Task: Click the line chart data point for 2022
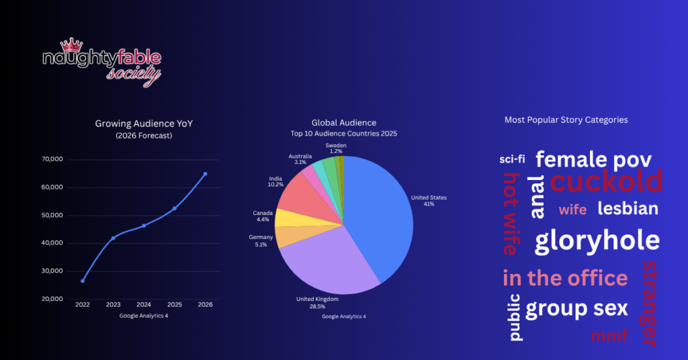point(83,281)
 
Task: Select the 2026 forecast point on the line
point(205,174)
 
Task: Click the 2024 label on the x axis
point(144,305)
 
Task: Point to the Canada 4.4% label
point(263,216)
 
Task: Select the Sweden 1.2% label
point(336,148)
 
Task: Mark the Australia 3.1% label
point(300,159)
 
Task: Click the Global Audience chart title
point(344,123)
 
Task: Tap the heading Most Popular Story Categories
point(566,120)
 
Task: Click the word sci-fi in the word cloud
point(513,159)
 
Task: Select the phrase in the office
point(565,278)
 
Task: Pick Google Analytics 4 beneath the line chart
point(144,316)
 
